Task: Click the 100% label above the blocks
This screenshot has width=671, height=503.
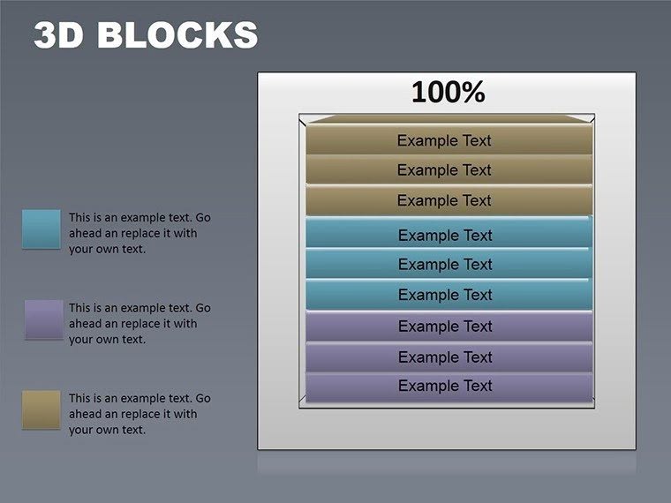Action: click(x=448, y=92)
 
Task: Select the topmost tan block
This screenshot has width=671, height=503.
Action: click(x=448, y=140)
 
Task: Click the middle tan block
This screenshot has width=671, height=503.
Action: click(x=448, y=170)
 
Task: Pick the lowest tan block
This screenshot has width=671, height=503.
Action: click(x=448, y=200)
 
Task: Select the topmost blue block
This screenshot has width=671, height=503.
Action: click(x=448, y=235)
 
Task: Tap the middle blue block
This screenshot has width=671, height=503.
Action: click(x=448, y=265)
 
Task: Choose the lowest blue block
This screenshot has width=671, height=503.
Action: click(x=448, y=295)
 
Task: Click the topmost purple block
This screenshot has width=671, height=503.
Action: click(x=448, y=327)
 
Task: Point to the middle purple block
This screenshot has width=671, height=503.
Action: click(x=448, y=357)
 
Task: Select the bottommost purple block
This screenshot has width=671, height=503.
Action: click(x=448, y=387)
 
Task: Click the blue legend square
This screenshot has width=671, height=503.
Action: click(x=41, y=229)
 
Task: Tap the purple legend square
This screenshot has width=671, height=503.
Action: click(x=43, y=319)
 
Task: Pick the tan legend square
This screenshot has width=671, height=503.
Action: click(x=41, y=409)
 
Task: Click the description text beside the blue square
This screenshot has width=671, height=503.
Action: click(x=139, y=233)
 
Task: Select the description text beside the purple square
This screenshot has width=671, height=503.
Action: click(x=139, y=324)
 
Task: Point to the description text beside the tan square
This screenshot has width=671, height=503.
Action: click(x=139, y=414)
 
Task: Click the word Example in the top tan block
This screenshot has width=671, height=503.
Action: click(x=427, y=140)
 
